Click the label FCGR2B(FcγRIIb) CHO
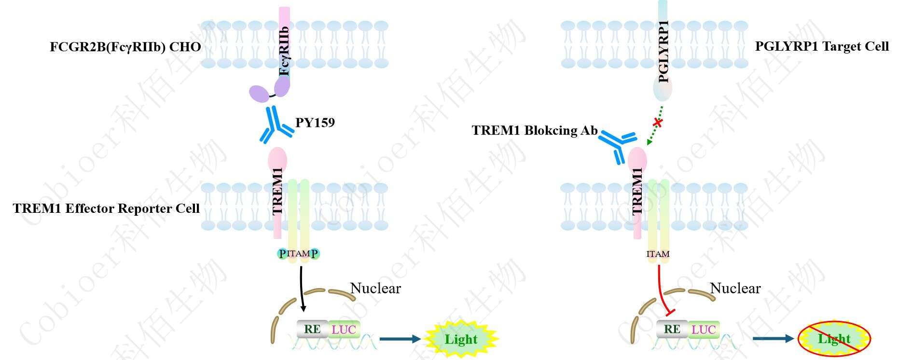(125, 47)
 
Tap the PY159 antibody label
(315, 123)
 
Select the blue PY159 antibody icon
(275, 125)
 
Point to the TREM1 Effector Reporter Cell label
(106, 208)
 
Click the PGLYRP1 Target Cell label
(821, 46)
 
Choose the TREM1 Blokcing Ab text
(534, 130)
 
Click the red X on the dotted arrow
(657, 123)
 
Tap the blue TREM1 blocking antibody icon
(617, 144)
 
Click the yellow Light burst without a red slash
(461, 339)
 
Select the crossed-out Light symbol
(834, 339)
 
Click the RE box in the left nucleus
(312, 329)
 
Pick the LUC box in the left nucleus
(344, 330)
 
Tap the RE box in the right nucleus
(672, 329)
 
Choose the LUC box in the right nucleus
(704, 330)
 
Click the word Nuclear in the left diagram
(375, 289)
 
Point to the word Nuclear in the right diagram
(735, 289)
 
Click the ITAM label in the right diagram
(658, 254)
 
